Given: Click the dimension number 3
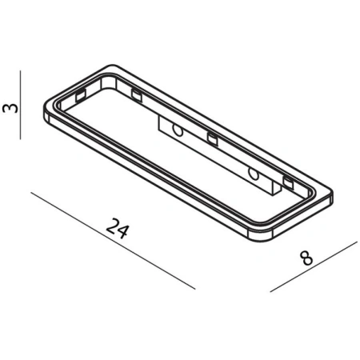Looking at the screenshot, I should (10, 106).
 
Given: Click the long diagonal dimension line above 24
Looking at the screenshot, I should (112, 240).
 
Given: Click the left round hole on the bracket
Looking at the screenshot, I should (178, 129).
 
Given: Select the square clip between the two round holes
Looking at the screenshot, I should (213, 139).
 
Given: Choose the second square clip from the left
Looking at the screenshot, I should (135, 95).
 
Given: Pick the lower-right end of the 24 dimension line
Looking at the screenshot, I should (194, 288).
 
